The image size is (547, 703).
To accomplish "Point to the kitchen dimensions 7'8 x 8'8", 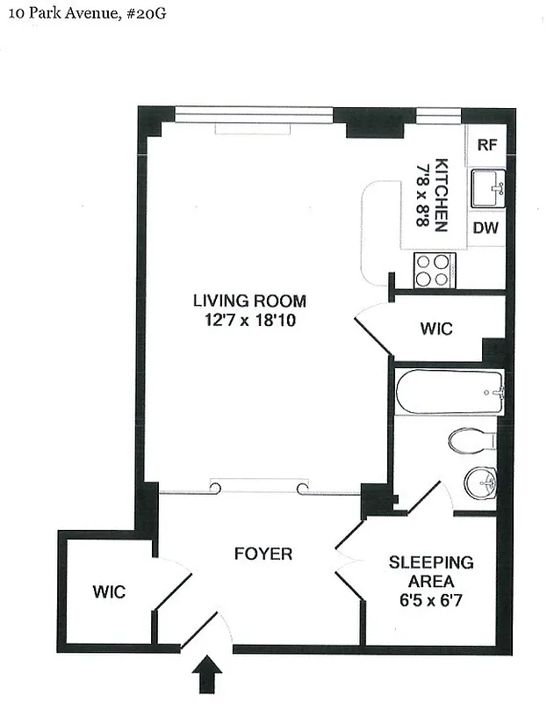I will [x=422, y=195].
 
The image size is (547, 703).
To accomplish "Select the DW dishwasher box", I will [x=486, y=228].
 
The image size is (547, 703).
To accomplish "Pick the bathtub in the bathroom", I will [x=449, y=391].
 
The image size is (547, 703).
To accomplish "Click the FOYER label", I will [x=263, y=554].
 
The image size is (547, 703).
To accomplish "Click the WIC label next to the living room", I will [x=435, y=330].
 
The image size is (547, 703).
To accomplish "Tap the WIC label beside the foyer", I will [x=109, y=591].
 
